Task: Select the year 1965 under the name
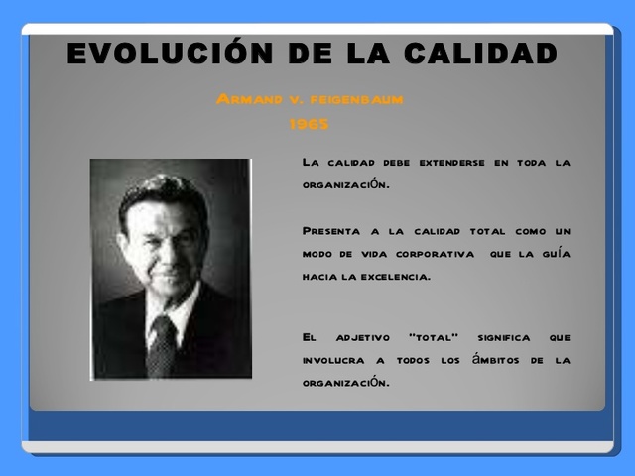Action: tap(309, 125)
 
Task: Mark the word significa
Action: tap(504, 337)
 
